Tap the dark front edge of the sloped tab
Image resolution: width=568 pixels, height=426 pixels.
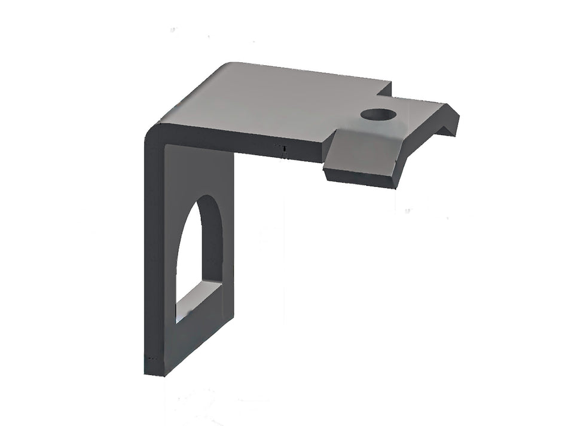pyautogui.click(x=359, y=177)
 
